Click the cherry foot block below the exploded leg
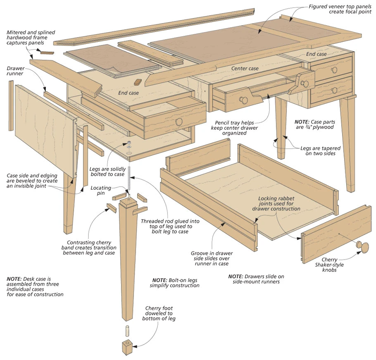[127, 347]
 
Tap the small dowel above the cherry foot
[127, 331]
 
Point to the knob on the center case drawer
[244, 100]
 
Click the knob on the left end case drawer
[179, 121]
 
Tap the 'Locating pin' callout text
[101, 190]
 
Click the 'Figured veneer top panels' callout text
[340, 9]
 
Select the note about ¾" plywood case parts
[314, 125]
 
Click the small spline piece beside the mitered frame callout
[47, 52]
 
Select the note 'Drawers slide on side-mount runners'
[256, 279]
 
